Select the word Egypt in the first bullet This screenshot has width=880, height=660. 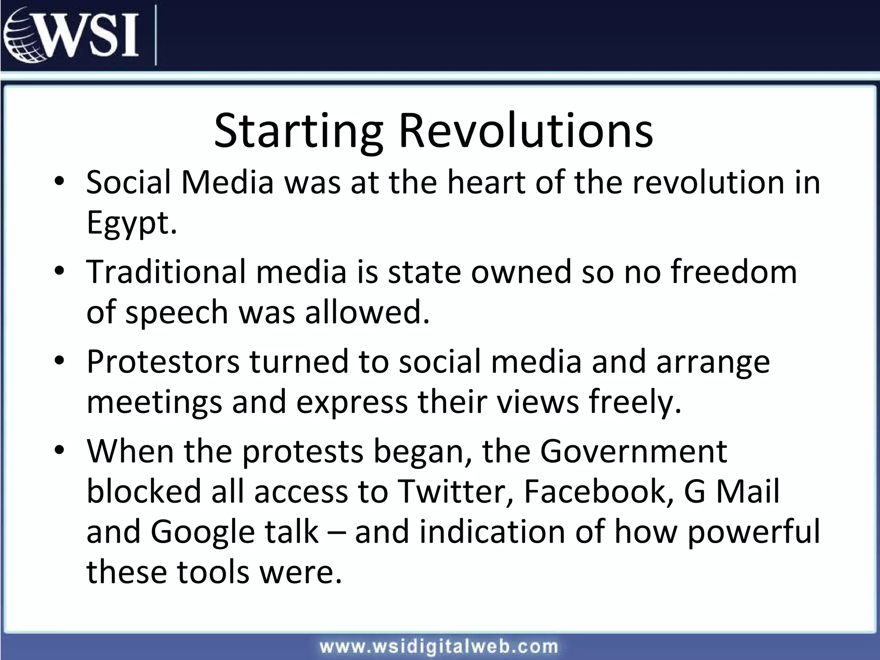pyautogui.click(x=131, y=224)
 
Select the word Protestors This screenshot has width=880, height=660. pyautogui.click(x=163, y=361)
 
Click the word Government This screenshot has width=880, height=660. pyautogui.click(x=633, y=451)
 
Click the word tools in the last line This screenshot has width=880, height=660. pyautogui.click(x=213, y=572)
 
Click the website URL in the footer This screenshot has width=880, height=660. pyautogui.click(x=439, y=646)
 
